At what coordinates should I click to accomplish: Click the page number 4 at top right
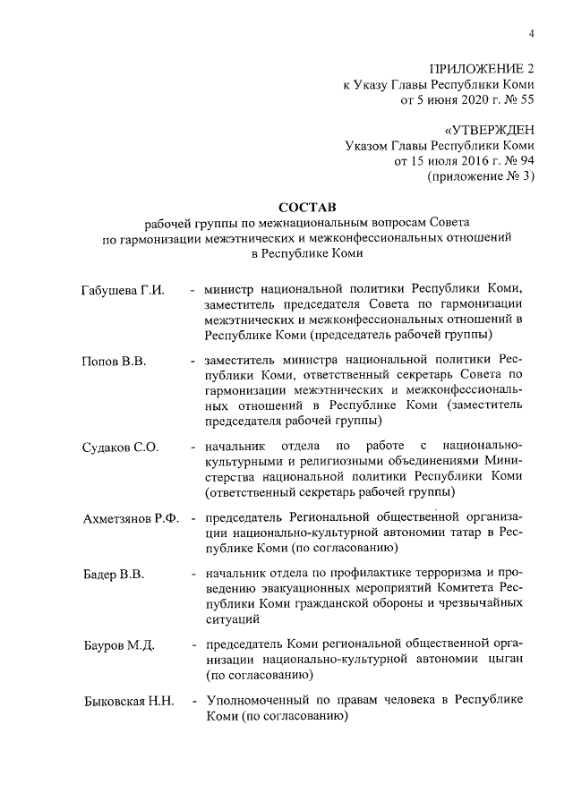[x=531, y=34]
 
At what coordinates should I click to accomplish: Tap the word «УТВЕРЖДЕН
[x=489, y=132]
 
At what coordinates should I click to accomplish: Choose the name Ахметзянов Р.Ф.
[x=131, y=517]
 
